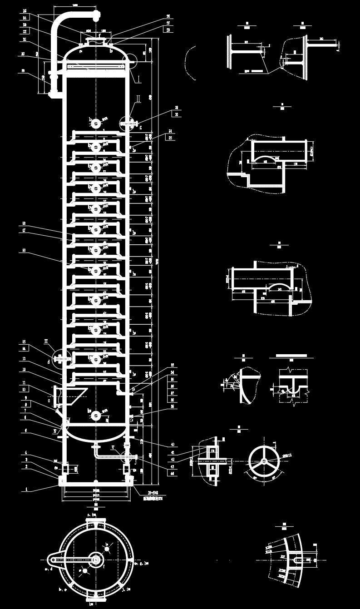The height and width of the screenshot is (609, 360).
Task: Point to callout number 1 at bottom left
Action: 26,489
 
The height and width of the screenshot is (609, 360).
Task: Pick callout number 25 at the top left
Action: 25,10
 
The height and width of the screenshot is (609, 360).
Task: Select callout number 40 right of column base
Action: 173,445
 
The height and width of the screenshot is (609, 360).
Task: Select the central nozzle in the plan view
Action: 96,559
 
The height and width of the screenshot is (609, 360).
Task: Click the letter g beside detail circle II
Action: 141,128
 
